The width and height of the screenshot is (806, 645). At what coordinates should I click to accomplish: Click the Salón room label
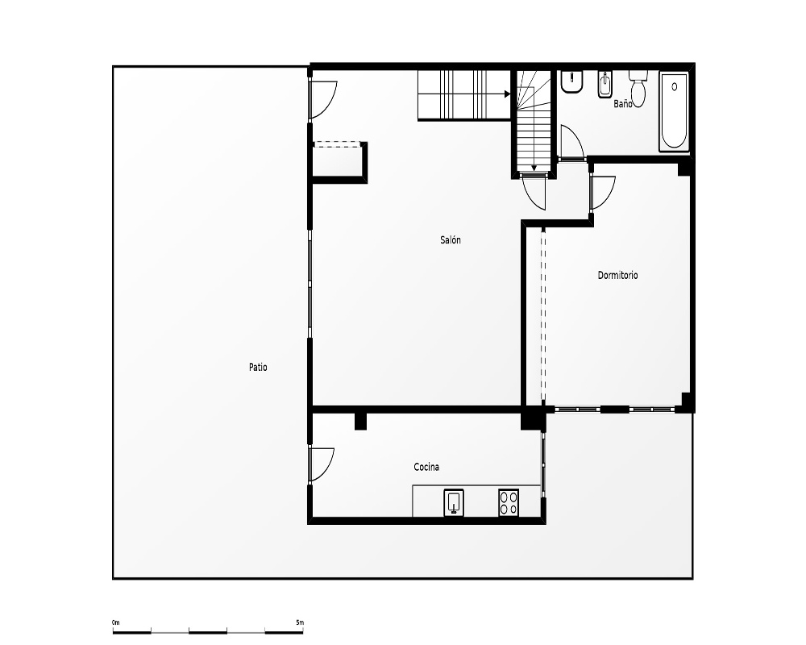tap(451, 239)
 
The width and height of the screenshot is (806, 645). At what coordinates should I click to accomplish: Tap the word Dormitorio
tap(617, 275)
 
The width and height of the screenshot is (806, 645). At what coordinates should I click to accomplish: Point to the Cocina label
tap(426, 467)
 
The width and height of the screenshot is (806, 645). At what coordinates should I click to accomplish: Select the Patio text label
tap(258, 368)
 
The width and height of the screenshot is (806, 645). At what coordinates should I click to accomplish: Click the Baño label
tap(622, 104)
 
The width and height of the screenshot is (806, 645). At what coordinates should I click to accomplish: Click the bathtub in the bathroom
tap(674, 111)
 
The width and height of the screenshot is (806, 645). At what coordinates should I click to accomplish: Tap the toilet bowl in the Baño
tap(638, 89)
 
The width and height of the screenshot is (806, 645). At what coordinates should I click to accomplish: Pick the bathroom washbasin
tap(571, 81)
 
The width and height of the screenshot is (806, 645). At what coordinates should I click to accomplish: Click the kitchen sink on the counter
tap(453, 502)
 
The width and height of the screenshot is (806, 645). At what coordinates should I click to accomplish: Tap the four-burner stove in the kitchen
tap(509, 502)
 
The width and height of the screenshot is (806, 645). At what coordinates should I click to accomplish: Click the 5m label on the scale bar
tap(300, 622)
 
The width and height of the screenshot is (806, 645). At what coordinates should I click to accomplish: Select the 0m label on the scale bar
tap(115, 622)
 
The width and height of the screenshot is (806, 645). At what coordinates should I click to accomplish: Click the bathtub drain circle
tap(675, 87)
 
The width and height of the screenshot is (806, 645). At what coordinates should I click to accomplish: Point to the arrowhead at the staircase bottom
tap(534, 168)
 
